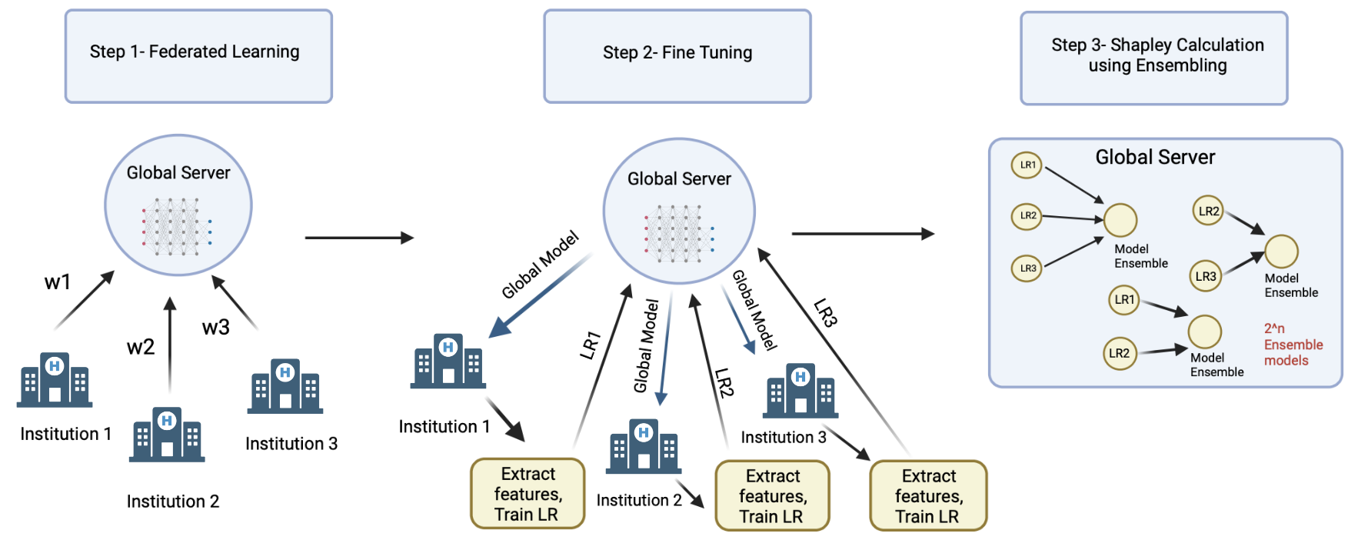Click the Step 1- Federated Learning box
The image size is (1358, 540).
pos(198,56)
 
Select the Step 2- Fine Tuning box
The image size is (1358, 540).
pos(677,56)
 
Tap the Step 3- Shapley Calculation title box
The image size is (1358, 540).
pos(1153,58)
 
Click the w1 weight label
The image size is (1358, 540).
pos(58,282)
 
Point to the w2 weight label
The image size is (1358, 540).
pos(141,347)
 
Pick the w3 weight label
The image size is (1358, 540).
pos(216,328)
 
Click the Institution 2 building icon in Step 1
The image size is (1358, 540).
pos(167,435)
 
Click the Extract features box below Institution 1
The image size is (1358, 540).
pos(528,494)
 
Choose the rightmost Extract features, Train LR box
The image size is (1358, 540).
pos(928,496)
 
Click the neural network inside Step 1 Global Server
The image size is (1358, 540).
pos(176,226)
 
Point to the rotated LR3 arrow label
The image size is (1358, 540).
pos(825,313)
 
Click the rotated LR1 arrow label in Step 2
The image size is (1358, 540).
pos(590,345)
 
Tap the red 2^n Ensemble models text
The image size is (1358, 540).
pos(1293,345)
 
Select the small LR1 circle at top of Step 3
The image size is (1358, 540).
pos(1027,165)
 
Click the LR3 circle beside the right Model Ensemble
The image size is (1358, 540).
pos(1206,276)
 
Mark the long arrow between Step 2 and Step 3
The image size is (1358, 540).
pos(862,233)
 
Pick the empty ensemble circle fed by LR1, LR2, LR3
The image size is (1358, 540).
pos(1120,220)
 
